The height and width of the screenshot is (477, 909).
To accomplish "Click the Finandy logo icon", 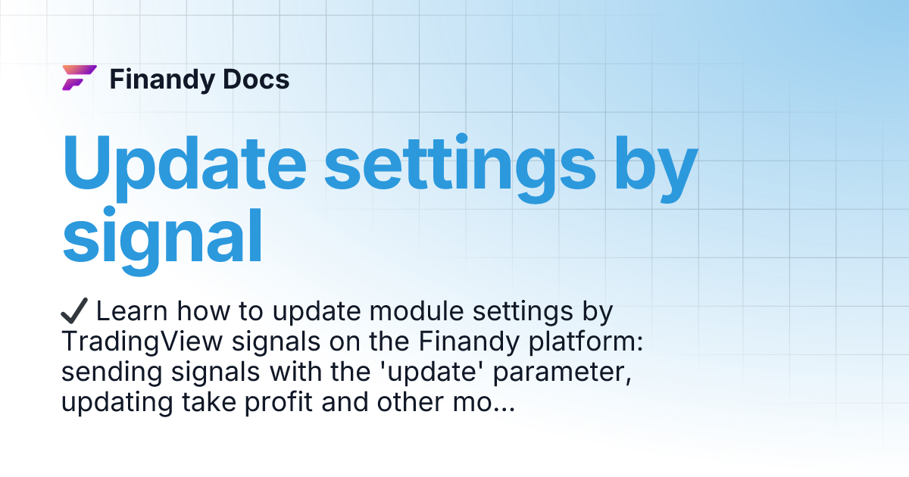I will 79,78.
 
